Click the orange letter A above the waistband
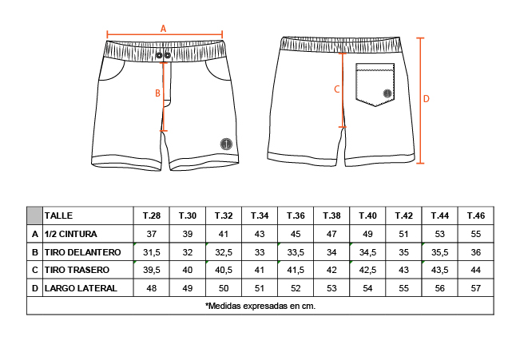pos(163,28)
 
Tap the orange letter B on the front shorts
pos(157,93)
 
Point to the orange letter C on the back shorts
pos(336,89)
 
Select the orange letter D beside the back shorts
pos(427,99)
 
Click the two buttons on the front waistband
pos(163,55)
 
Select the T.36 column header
pos(296,216)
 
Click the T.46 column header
pos(475,216)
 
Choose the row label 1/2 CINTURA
pos(72,234)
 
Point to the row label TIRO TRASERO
pos(76,270)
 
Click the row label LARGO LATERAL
pos(81,288)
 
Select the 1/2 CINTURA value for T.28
pos(151,234)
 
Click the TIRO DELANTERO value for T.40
pos(367,252)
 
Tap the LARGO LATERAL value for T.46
pos(475,288)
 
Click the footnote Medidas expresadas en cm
pos(260,306)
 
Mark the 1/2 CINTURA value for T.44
pos(439,234)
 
